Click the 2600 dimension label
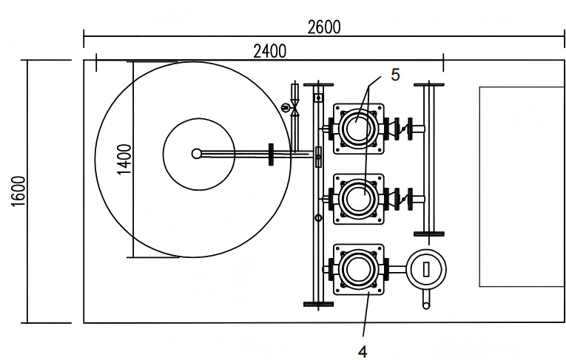pos(324,27)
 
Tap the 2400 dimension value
pos(270,51)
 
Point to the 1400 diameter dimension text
pos(124,159)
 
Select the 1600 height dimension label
pos(18,191)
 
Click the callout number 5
pos(395,75)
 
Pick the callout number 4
pos(363,351)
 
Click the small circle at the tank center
pos(196,154)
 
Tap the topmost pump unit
pos(358,129)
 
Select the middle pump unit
pos(358,199)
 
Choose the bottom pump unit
pos(358,269)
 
